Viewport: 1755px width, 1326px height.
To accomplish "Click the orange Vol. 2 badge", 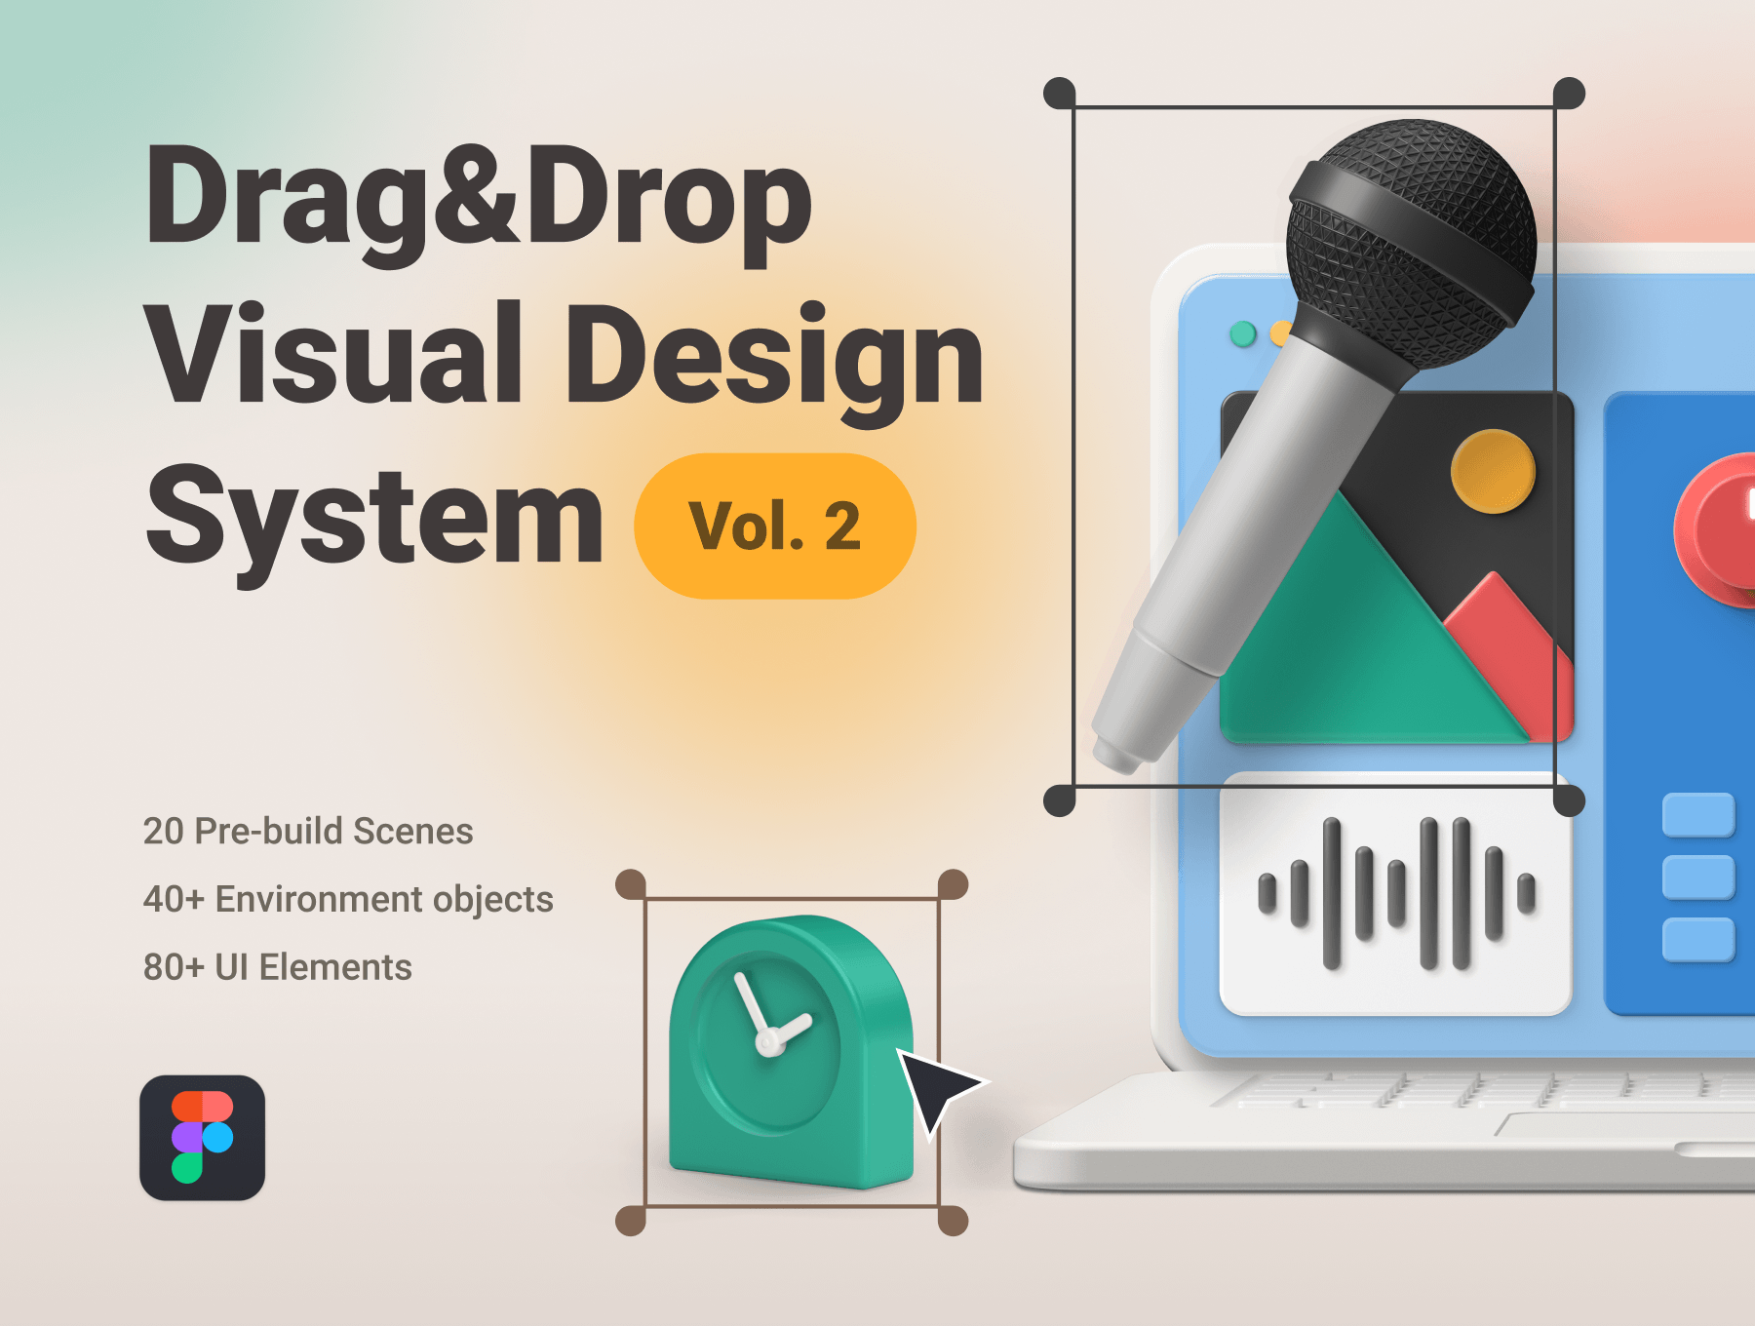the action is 775,526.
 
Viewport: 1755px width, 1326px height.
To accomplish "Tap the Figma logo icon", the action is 202,1138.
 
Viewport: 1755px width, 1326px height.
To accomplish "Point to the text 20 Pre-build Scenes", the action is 308,831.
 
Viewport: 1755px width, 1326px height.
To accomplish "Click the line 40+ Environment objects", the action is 348,899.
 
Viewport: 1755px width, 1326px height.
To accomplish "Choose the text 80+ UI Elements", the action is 278,967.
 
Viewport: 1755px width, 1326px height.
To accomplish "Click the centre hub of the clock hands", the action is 769,1043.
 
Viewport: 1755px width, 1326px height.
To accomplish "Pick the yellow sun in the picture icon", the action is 1493,471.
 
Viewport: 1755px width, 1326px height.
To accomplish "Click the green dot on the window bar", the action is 1243,334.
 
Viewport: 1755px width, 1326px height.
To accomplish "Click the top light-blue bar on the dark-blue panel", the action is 1698,815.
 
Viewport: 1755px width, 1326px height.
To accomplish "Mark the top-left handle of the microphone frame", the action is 1060,94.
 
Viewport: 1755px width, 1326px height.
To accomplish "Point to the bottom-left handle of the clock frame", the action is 631,1220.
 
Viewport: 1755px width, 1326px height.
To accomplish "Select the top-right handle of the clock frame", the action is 953,884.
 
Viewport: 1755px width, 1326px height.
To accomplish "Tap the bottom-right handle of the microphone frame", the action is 1568,801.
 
